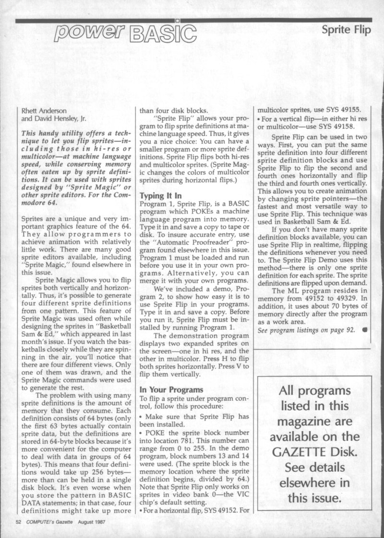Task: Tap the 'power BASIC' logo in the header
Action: (x=126, y=32)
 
